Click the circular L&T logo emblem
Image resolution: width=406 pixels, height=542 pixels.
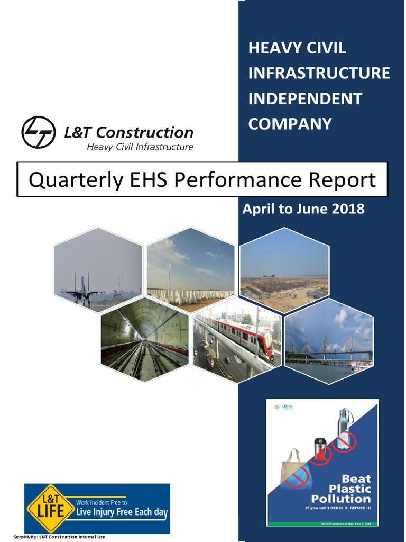(x=38, y=132)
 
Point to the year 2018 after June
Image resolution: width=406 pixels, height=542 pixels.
(x=347, y=209)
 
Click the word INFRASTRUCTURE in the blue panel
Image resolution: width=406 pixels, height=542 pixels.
(x=319, y=73)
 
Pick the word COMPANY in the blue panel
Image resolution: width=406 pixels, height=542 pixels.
(x=290, y=124)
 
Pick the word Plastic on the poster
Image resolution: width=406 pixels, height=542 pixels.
(x=349, y=489)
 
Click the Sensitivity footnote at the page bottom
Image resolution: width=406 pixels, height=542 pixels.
(x=59, y=537)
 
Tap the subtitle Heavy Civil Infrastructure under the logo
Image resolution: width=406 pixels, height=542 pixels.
(x=140, y=147)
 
